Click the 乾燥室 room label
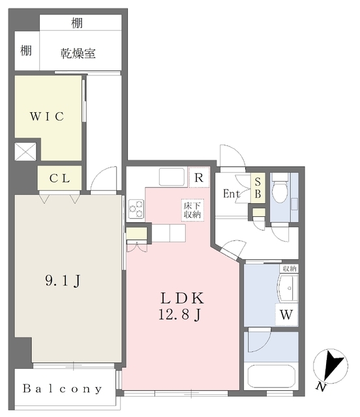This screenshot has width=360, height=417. pos(78,53)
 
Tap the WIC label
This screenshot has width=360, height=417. pos(47,117)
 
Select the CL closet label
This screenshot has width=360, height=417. pos(59,178)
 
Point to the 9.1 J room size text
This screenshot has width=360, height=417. pos(63,281)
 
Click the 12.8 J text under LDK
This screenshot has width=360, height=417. pos(180,315)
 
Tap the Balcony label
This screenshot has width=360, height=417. pos(63,389)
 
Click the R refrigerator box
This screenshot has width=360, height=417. pos(199,177)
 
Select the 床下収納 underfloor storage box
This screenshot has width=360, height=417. pos(192,210)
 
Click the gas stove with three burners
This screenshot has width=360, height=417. pos(136,209)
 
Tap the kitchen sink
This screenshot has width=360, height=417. pos(172,177)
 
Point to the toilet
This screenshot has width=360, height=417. pos(280,188)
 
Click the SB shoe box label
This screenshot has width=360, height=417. pos(258,188)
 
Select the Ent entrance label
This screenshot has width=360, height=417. pos(232,194)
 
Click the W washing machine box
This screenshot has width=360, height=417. pos(286,314)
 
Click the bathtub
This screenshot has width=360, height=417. pos(271,377)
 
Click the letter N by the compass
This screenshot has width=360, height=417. pos(322,387)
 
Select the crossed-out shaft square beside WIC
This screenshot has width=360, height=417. pos(25,152)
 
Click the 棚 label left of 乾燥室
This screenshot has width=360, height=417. pos(26,50)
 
